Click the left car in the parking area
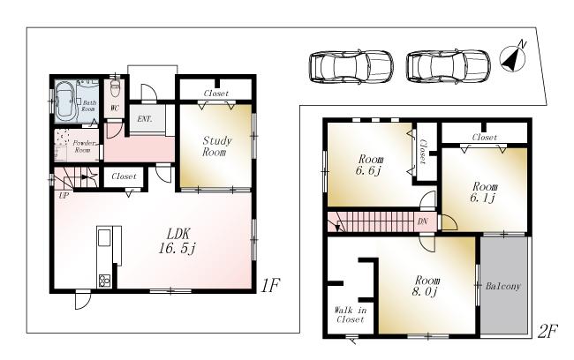(351, 66)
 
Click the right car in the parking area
(448, 66)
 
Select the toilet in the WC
(114, 92)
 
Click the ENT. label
(142, 118)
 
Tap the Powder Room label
(83, 146)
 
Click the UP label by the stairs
(63, 195)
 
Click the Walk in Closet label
(351, 314)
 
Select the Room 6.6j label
(369, 164)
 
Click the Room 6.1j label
(483, 192)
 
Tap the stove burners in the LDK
(104, 281)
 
